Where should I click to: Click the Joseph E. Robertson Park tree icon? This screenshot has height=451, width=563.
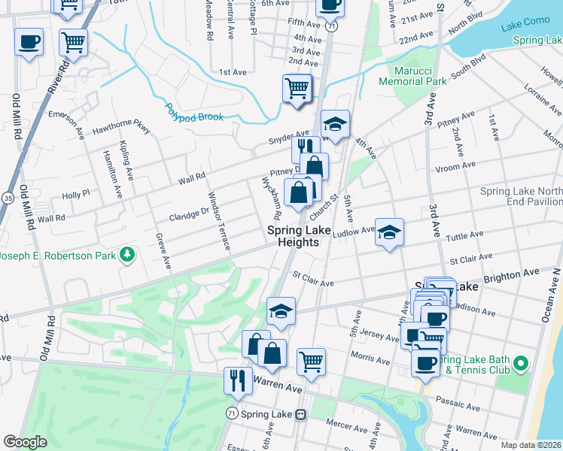(x=129, y=255)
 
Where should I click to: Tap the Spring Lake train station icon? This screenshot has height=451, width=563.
(x=300, y=414)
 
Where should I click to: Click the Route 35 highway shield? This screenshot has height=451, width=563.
(x=7, y=198)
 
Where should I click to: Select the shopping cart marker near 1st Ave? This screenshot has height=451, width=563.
(x=297, y=89)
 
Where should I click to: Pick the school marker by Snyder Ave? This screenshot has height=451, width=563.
(x=335, y=123)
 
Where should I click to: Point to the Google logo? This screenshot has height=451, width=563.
(x=25, y=442)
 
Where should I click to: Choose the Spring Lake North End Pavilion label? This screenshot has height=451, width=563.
(x=522, y=197)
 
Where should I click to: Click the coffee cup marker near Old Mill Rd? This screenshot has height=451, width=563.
(x=29, y=42)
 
